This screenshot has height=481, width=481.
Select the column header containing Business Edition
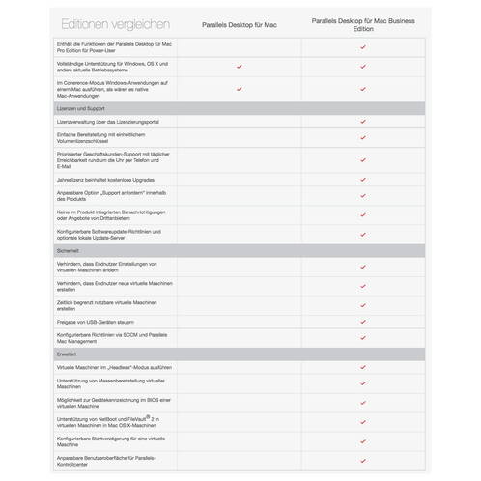coord(363,22)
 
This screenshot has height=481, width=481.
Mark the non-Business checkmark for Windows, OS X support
coord(240,68)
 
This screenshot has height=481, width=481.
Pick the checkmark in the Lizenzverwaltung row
coord(363,124)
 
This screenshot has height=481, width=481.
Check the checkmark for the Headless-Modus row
coord(363,369)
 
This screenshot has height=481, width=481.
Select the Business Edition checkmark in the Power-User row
coord(363,46)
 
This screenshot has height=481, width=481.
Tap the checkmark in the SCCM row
coord(363,337)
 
